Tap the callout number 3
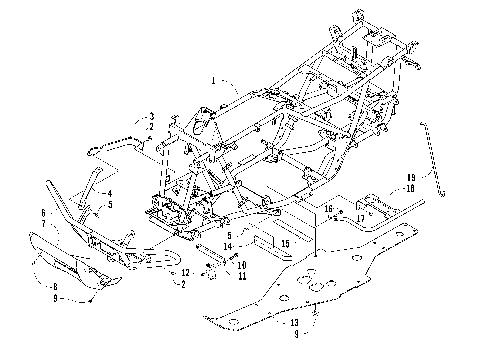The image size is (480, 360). coord(150,117)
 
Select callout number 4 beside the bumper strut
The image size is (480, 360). coord(109,193)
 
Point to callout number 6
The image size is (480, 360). coord(44,214)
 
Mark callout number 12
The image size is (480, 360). coord(186,272)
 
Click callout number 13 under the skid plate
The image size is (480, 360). coord(295,322)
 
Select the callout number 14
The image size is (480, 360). coord(229,246)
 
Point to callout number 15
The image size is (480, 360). coord(284,243)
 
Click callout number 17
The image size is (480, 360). coord(360,216)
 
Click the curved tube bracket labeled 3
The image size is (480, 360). coord(118,144)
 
